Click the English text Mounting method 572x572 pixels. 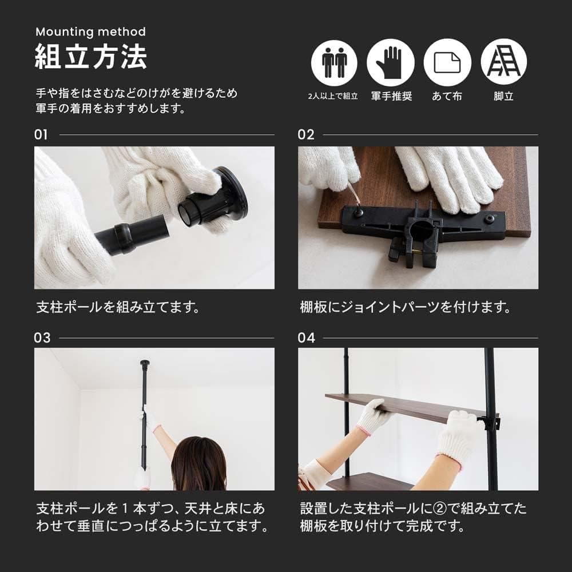click(x=90, y=31)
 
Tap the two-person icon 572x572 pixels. click(x=334, y=62)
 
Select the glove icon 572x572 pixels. click(x=391, y=62)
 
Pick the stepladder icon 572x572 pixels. click(x=503, y=62)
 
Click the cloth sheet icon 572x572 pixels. click(x=447, y=62)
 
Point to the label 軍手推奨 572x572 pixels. click(x=391, y=96)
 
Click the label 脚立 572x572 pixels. click(x=503, y=96)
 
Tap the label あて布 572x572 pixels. click(x=447, y=96)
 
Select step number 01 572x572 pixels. click(x=41, y=135)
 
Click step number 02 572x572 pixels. click(x=306, y=135)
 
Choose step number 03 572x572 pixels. click(x=42, y=337)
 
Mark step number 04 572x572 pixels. click(x=307, y=337)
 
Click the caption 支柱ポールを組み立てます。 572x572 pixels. click(x=118, y=307)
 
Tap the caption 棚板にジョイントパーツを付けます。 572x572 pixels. click(x=405, y=307)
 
